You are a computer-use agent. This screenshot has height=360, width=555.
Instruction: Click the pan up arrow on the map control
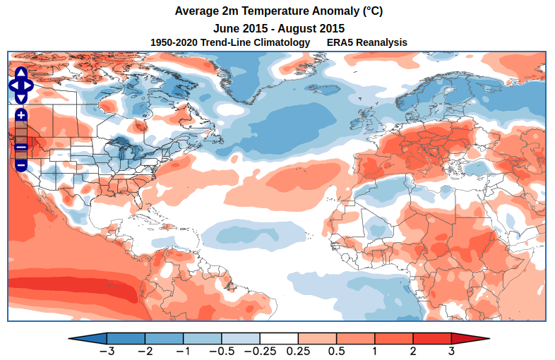pos(20,73)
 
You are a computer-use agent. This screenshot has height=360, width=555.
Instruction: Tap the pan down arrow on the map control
pos(20,97)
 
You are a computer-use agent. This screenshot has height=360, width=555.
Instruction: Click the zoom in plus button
pos(21,114)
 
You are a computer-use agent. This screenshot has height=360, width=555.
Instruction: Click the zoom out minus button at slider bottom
pos(21,164)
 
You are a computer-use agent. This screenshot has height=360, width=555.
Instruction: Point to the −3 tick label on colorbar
pos(107,351)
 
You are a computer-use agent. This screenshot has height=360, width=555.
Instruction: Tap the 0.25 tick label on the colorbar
pos(299,351)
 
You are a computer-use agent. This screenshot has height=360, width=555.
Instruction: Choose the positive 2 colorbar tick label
pos(413,351)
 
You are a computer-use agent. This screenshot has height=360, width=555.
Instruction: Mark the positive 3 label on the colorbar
pos(451,351)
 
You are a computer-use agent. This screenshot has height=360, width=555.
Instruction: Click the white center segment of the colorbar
pos(279,338)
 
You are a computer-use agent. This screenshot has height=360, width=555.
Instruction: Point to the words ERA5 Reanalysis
pos(367,43)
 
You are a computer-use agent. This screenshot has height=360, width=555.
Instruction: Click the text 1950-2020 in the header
pos(174,43)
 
